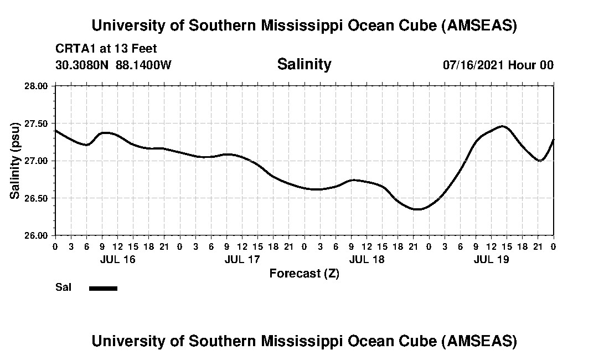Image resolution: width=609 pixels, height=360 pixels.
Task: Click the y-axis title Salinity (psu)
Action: click(x=16, y=161)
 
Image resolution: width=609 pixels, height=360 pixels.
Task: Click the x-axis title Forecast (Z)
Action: click(x=304, y=274)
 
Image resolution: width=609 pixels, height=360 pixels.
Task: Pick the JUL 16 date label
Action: click(x=117, y=259)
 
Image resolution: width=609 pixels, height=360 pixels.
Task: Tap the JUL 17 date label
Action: click(x=242, y=259)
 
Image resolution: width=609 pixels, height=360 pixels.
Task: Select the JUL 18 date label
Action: click(x=367, y=259)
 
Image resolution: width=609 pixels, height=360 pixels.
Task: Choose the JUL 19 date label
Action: click(x=491, y=259)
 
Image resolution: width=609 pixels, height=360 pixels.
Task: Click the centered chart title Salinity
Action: click(x=304, y=64)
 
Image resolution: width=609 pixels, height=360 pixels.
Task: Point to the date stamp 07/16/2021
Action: click(x=473, y=65)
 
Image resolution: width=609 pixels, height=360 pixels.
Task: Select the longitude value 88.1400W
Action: click(x=143, y=65)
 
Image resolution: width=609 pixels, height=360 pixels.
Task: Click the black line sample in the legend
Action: click(x=103, y=288)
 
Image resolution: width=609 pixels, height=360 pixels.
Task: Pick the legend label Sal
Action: click(x=63, y=287)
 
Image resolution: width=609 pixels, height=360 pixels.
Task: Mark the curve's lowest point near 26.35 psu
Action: click(x=417, y=209)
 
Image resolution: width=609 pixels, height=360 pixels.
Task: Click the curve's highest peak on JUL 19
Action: click(x=502, y=126)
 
